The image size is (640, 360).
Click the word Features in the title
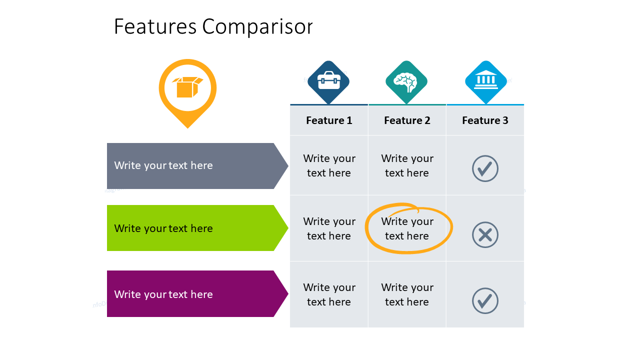[155, 26]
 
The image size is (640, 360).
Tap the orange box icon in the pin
[187, 87]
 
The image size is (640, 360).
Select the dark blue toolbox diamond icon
[328, 82]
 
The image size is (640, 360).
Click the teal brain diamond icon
[406, 82]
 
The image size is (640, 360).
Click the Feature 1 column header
[329, 120]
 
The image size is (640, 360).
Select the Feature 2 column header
[407, 120]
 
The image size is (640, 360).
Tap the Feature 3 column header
[485, 120]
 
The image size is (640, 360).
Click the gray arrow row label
[197, 165]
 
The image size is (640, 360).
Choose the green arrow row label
[197, 228]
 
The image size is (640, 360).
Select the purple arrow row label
[197, 293]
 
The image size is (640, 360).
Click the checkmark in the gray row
[485, 168]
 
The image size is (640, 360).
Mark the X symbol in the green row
[485, 235]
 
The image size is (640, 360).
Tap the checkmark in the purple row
[485, 300]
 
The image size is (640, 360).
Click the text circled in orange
[407, 228]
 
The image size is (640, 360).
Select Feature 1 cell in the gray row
[329, 165]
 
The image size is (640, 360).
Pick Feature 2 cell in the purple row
[407, 294]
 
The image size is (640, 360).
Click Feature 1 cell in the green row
[329, 228]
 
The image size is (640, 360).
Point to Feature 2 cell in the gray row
[407, 165]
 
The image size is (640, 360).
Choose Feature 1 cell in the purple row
[329, 294]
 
